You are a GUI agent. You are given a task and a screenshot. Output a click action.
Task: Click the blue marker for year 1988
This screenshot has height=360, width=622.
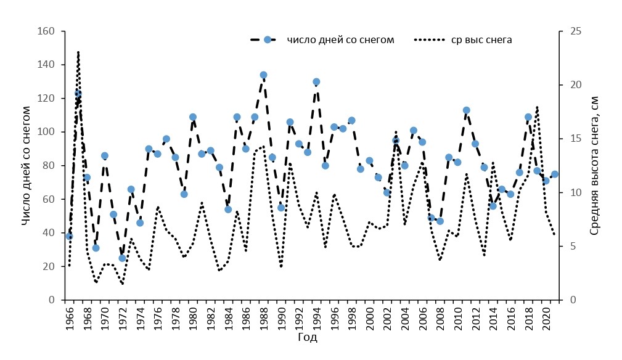tap(263, 75)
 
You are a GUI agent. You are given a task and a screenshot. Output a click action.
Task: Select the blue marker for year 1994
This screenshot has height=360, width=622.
tap(316, 82)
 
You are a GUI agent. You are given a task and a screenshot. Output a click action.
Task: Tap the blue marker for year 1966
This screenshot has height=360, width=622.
tap(70, 236)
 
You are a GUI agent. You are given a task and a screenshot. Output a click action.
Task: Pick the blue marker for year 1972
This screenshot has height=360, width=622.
tap(122, 258)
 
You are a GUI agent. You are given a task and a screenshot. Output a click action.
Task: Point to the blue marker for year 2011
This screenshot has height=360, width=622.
tap(466, 110)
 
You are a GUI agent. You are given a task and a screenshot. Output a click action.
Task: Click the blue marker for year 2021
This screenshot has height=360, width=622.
tap(554, 174)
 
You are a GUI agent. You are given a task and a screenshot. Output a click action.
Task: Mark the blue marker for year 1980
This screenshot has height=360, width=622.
tap(193, 117)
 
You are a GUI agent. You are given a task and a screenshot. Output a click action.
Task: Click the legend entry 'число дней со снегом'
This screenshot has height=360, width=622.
tap(340, 40)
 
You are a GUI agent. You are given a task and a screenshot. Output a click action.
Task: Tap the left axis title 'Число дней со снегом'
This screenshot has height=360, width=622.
tap(26, 165)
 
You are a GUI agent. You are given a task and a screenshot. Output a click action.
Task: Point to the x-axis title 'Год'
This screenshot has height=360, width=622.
tap(308, 338)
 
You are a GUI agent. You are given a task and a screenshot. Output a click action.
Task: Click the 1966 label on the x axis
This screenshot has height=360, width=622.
tap(70, 316)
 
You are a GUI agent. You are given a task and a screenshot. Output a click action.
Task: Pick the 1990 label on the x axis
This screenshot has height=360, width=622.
tap(281, 316)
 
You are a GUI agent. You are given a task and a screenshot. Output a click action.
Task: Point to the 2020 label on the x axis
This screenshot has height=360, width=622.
tap(546, 316)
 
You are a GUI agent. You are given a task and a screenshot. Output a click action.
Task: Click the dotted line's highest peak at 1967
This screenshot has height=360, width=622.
tap(78, 52)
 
